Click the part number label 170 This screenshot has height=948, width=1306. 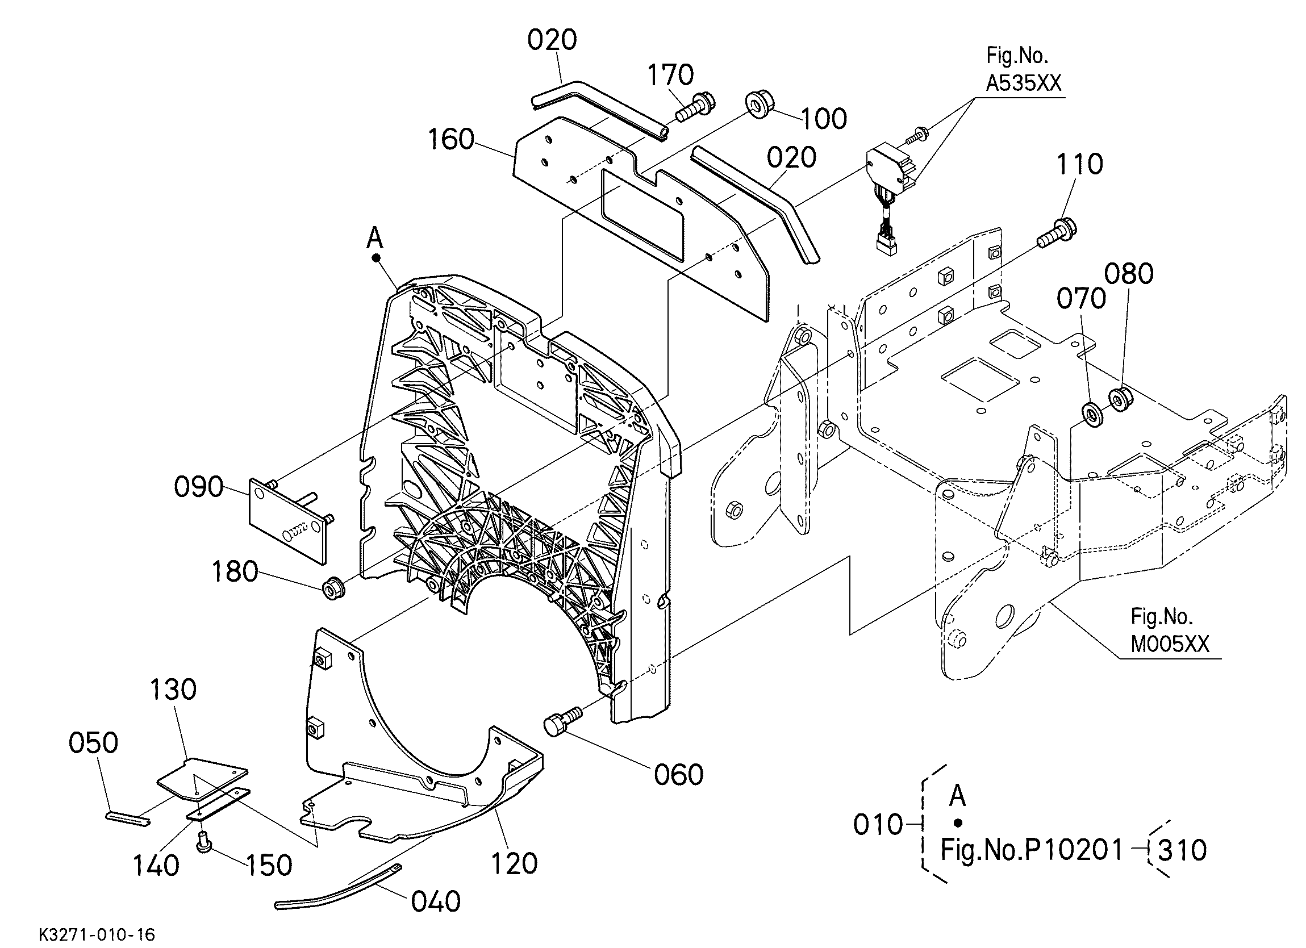(670, 74)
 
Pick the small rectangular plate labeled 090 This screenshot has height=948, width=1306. (288, 516)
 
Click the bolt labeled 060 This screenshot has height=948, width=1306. (562, 720)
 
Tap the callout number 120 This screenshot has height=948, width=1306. (514, 863)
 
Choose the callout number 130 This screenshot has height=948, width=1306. (173, 690)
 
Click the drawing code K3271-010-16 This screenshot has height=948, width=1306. (97, 934)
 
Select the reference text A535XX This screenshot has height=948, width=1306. (1023, 83)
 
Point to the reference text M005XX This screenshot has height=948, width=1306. (1170, 644)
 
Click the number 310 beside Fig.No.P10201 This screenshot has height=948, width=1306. (1182, 850)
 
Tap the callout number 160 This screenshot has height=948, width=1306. (450, 139)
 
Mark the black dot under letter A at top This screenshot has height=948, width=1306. (377, 257)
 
